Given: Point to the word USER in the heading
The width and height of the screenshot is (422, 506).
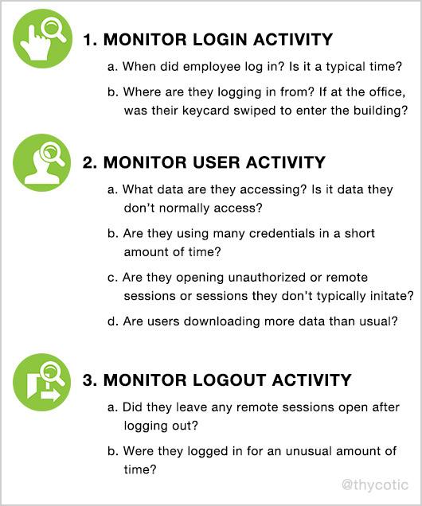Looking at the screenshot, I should tap(213, 162).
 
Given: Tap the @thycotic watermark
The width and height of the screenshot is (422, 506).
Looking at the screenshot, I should tap(374, 484).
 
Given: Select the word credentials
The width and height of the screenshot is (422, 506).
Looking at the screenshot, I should tap(287, 234).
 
